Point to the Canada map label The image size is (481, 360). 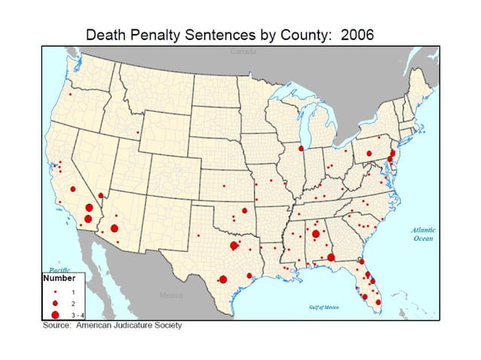244,52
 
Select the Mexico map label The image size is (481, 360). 171,295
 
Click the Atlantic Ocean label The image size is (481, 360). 422,234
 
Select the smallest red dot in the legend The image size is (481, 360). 55,290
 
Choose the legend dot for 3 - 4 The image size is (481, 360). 55,313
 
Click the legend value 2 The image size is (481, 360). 73,301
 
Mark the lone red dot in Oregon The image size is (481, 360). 70,95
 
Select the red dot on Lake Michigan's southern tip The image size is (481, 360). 301,149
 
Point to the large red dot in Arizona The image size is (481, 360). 114,228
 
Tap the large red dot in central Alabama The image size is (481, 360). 315,234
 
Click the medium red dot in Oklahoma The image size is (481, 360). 244,211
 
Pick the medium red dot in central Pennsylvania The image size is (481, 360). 369,154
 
